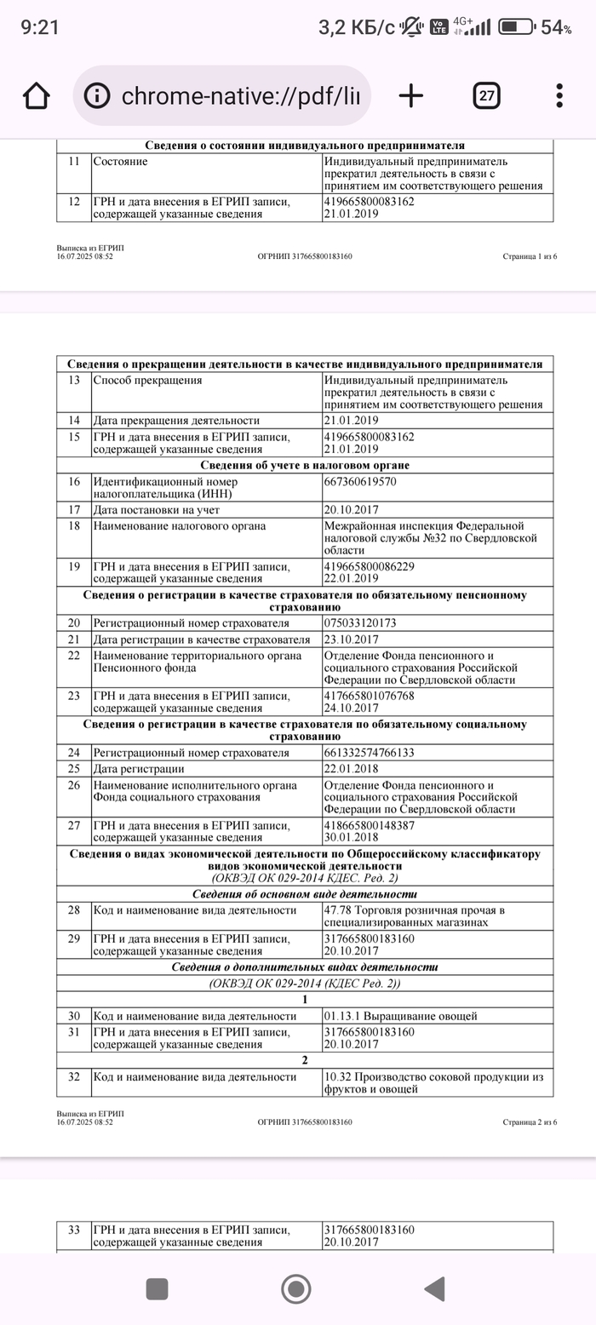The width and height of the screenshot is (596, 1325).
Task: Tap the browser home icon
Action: [36, 95]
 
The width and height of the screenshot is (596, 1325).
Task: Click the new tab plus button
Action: [411, 95]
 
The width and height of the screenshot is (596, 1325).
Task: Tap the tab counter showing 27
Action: [486, 95]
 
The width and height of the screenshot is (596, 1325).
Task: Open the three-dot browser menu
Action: [559, 95]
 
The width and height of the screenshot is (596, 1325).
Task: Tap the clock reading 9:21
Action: [40, 27]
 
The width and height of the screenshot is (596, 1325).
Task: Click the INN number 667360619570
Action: [360, 482]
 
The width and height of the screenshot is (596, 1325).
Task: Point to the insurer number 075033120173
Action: [360, 623]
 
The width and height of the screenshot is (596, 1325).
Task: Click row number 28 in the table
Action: [74, 910]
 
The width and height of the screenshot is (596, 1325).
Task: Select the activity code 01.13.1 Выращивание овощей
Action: [400, 1016]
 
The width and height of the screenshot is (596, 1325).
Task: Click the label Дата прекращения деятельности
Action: [176, 421]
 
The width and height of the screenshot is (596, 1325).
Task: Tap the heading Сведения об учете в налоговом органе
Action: [305, 466]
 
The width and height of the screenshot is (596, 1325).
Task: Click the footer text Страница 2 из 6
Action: [530, 1122]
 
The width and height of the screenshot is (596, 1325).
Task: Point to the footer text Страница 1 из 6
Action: [530, 255]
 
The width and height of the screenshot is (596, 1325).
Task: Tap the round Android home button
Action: [295, 1288]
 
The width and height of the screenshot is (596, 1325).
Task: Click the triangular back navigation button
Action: [434, 1288]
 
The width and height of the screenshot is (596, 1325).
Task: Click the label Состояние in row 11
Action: [120, 162]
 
